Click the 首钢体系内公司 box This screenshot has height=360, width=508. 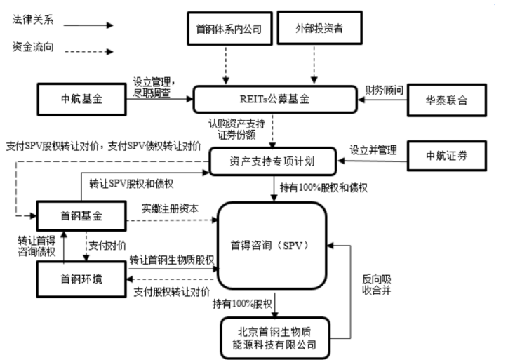pyautogui.click(x=227, y=29)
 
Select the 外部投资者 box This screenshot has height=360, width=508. pyautogui.click(x=313, y=29)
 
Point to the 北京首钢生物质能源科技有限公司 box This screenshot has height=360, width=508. pyautogui.click(x=274, y=336)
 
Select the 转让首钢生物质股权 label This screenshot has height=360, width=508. pyautogui.click(x=172, y=260)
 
